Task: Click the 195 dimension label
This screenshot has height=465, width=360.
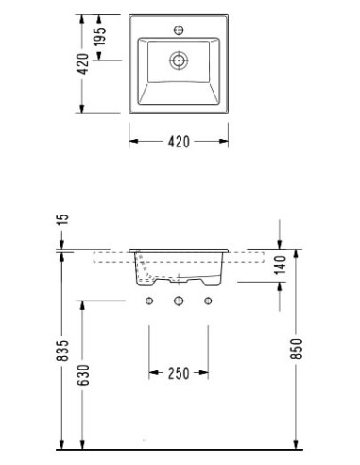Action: [100, 37]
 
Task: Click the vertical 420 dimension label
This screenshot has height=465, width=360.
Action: [83, 64]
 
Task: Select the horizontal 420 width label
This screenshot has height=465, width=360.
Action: [179, 142]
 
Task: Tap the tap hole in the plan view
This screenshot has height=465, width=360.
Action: [179, 30]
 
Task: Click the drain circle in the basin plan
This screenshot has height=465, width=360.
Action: [179, 60]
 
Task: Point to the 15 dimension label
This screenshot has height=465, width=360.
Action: [63, 219]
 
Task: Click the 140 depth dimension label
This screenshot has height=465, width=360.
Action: [280, 265]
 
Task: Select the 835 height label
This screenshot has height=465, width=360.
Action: [62, 351]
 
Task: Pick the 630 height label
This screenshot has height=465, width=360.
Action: [84, 375]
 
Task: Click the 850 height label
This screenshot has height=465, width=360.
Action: [297, 349]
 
